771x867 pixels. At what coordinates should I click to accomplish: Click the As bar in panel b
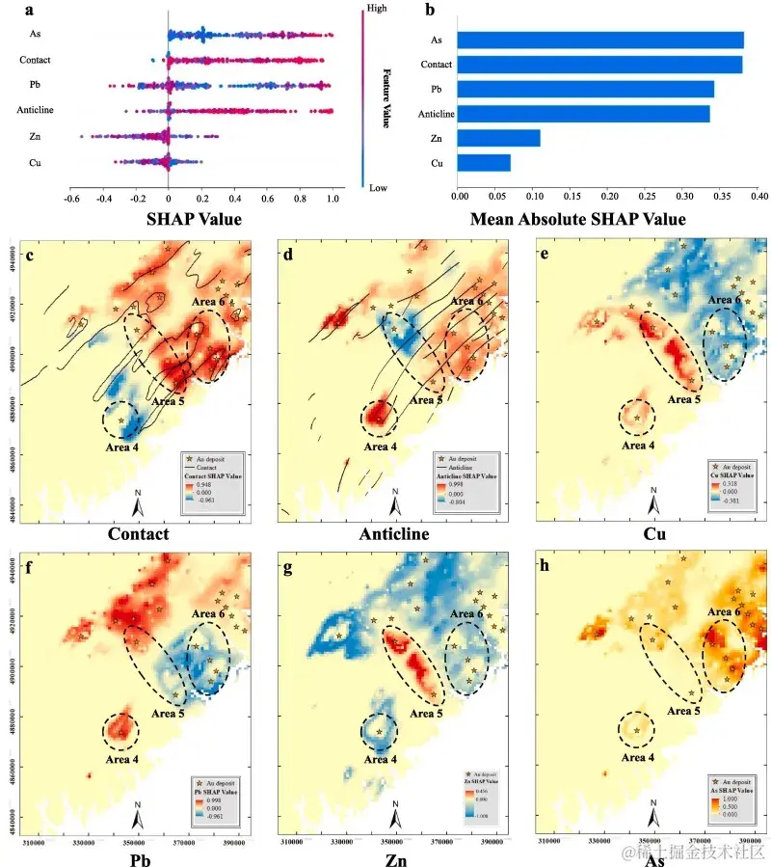[x=599, y=40]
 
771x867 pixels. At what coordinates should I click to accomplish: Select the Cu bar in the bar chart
[x=484, y=163]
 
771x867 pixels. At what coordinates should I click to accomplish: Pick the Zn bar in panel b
[x=498, y=138]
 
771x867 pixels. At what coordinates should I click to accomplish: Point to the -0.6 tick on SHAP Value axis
[x=71, y=199]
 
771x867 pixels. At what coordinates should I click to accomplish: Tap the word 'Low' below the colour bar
[x=379, y=188]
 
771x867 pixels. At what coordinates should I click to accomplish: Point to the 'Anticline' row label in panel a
[x=35, y=110]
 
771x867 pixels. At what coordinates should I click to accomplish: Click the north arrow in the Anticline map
[x=395, y=502]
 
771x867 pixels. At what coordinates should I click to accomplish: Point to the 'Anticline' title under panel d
[x=394, y=533]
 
